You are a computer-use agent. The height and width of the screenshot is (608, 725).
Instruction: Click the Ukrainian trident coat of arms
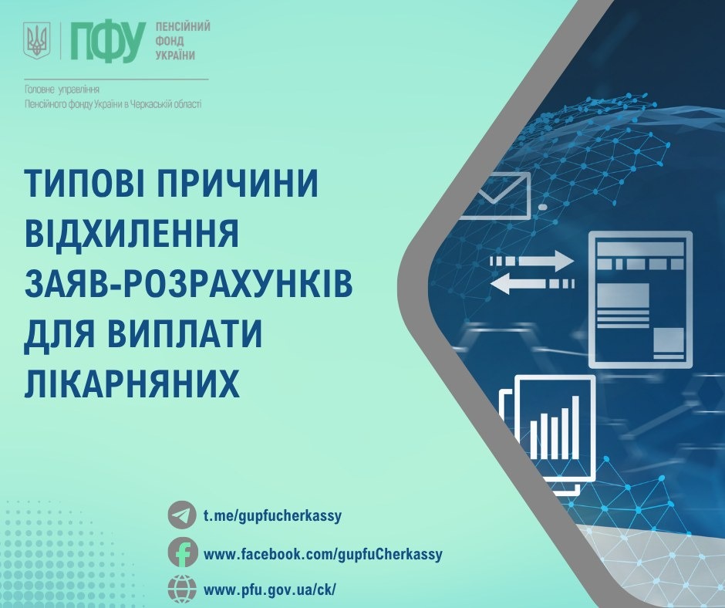pyautogui.click(x=36, y=40)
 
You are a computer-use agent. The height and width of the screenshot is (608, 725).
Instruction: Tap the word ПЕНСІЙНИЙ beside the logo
pyautogui.click(x=183, y=26)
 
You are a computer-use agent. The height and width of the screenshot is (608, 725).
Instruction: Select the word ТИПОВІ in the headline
pyautogui.click(x=84, y=183)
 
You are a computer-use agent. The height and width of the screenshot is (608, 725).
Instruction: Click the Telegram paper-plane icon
pyautogui.click(x=182, y=515)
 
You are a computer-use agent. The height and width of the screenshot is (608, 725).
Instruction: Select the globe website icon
pyautogui.click(x=182, y=589)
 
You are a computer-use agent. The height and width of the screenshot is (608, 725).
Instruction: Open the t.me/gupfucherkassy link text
pyautogui.click(x=272, y=515)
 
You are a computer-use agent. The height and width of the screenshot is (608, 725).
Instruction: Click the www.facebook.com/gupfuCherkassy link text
pyautogui.click(x=322, y=554)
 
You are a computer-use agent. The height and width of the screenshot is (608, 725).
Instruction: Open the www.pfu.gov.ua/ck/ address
pyautogui.click(x=270, y=590)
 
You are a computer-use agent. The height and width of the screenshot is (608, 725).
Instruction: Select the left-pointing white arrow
pyautogui.click(x=531, y=283)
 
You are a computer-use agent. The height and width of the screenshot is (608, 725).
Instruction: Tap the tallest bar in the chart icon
pyautogui.click(x=575, y=427)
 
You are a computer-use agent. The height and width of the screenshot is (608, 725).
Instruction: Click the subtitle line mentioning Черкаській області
pyautogui.click(x=113, y=105)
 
